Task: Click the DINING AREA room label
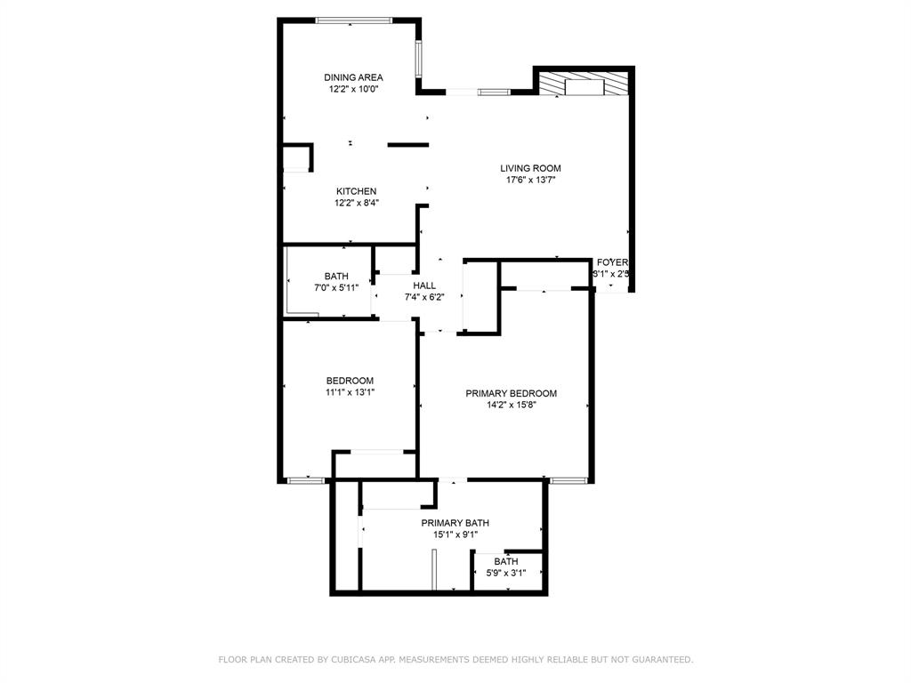pyautogui.click(x=353, y=77)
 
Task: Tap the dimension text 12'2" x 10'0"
pyautogui.click(x=353, y=90)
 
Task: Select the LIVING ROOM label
pyautogui.click(x=530, y=168)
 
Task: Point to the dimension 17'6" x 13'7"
pyautogui.click(x=530, y=180)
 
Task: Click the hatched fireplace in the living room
pyautogui.click(x=583, y=84)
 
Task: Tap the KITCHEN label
pyautogui.click(x=356, y=191)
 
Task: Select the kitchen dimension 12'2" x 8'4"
pyautogui.click(x=356, y=203)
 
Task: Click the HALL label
pyautogui.click(x=424, y=285)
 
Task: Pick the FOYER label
pyautogui.click(x=612, y=262)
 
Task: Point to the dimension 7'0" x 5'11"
pyautogui.click(x=336, y=288)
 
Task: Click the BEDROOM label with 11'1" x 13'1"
pyautogui.click(x=350, y=381)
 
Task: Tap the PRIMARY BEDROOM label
pyautogui.click(x=512, y=393)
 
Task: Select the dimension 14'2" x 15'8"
pyautogui.click(x=512, y=406)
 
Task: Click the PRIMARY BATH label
pyautogui.click(x=455, y=523)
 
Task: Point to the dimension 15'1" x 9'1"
pyautogui.click(x=455, y=534)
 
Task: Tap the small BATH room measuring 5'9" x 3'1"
pyautogui.click(x=506, y=566)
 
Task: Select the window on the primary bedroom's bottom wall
pyautogui.click(x=568, y=481)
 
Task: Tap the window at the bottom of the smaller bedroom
pyautogui.click(x=306, y=481)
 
